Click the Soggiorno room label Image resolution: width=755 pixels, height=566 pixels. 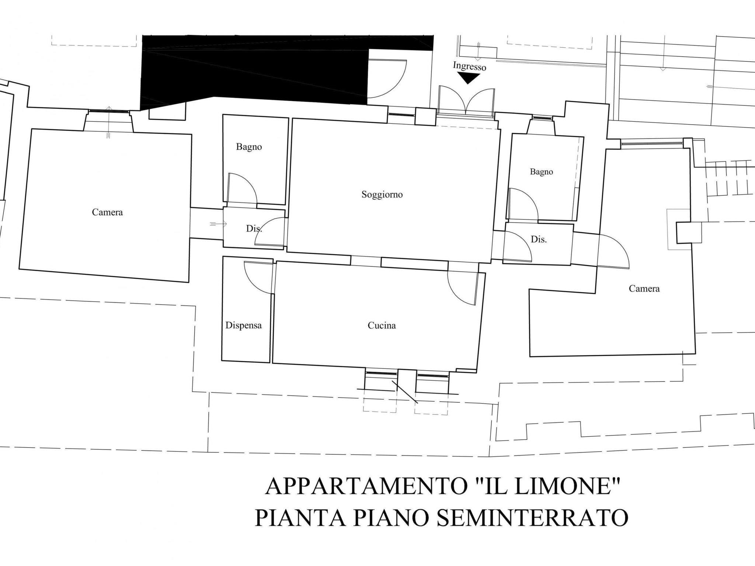click(x=382, y=195)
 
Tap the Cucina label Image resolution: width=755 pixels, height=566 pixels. click(x=382, y=325)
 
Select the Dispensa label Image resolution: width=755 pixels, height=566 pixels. click(x=243, y=326)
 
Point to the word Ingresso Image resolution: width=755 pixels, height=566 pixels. click(x=469, y=66)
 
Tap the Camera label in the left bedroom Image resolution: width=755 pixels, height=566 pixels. click(x=107, y=212)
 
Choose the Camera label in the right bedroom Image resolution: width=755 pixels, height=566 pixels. click(x=644, y=289)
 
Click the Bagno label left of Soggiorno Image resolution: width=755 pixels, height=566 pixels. click(x=249, y=147)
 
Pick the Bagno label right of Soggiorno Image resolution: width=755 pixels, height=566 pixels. click(x=541, y=172)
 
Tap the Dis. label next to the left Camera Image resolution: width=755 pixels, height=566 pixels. click(x=254, y=228)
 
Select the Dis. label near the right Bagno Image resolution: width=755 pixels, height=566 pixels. click(x=539, y=240)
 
